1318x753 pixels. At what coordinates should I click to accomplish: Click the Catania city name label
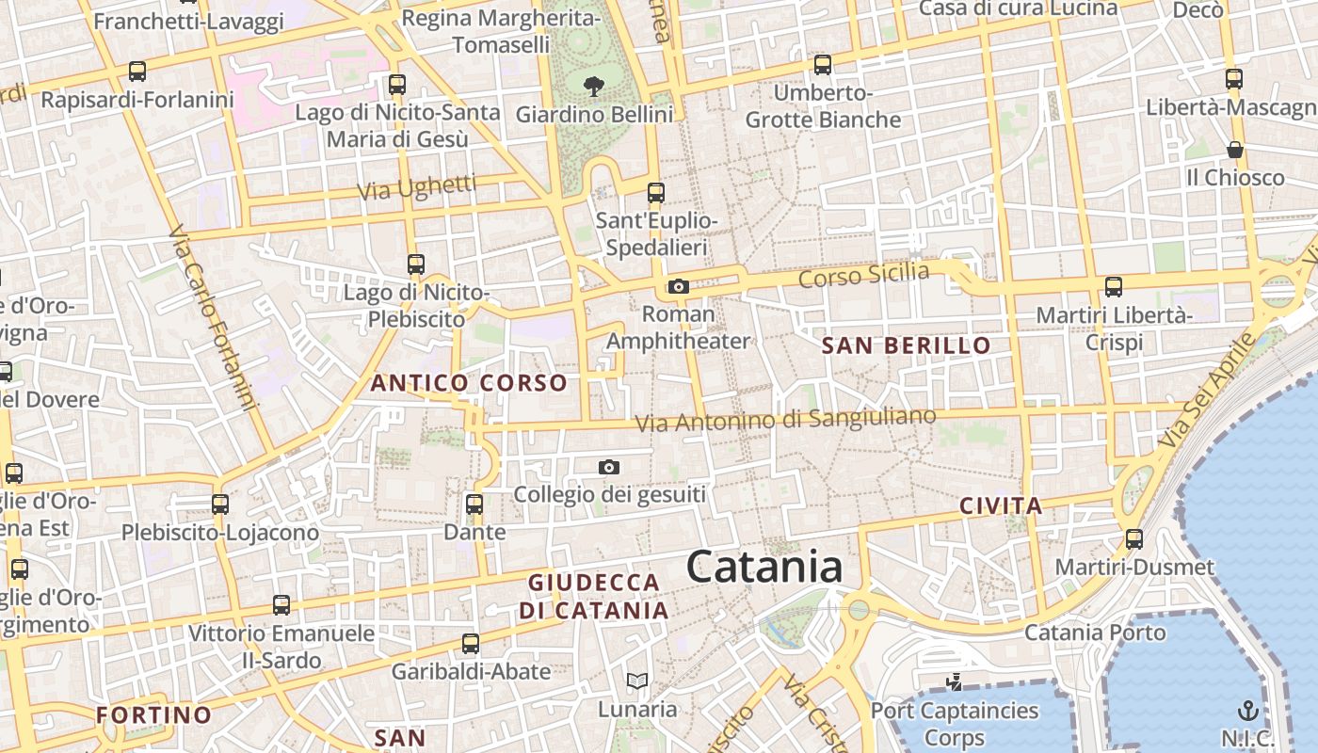(x=763, y=568)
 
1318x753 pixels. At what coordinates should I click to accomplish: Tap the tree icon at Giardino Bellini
(x=593, y=87)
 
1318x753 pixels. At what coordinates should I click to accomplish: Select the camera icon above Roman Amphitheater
(x=678, y=286)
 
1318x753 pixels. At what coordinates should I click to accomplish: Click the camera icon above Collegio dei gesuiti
(x=609, y=467)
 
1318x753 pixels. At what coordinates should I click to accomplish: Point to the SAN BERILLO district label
(x=907, y=345)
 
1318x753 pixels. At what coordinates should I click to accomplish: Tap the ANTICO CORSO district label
(x=469, y=383)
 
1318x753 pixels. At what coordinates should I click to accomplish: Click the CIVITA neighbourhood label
(x=1001, y=505)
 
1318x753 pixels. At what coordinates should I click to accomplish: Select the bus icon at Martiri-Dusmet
(x=1134, y=539)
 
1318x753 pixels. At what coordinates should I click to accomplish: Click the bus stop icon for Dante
(x=474, y=504)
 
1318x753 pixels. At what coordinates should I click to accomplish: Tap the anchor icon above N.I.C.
(x=1247, y=711)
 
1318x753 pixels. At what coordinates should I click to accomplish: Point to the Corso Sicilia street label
(x=863, y=276)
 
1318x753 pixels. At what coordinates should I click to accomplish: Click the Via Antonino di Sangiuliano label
(x=786, y=420)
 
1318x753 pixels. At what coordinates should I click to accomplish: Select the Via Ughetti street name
(x=416, y=188)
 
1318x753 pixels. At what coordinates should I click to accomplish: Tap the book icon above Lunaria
(x=637, y=681)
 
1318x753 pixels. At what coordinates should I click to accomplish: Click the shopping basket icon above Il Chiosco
(x=1234, y=150)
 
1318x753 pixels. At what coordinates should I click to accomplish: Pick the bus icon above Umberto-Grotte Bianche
(x=823, y=65)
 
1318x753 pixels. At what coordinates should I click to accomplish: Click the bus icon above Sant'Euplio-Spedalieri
(x=656, y=193)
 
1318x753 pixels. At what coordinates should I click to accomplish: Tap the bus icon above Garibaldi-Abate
(x=471, y=644)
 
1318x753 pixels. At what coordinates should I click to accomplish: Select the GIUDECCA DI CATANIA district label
(x=594, y=596)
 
